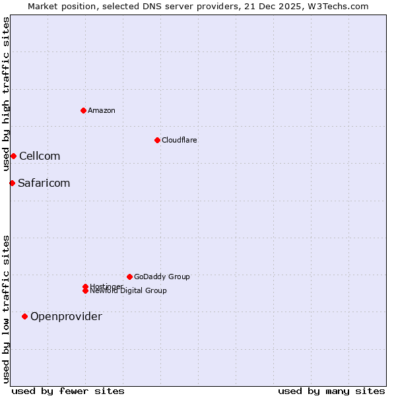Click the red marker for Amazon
[x=83, y=110]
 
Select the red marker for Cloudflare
[x=157, y=140]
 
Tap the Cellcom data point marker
[x=13, y=156]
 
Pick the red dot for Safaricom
[x=12, y=183]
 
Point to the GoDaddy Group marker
[x=129, y=277]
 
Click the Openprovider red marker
[x=24, y=316]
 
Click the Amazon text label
[x=101, y=110]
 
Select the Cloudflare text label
[x=179, y=140]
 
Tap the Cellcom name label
[x=40, y=156]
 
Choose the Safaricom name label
[x=44, y=183]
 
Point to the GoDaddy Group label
[x=162, y=277]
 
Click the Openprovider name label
[x=66, y=316]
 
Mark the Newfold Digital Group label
[x=128, y=290]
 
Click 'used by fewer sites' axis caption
[x=68, y=391]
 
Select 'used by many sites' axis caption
[x=331, y=391]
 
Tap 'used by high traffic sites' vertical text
[x=6, y=94]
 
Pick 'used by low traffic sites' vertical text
[x=6, y=309]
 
